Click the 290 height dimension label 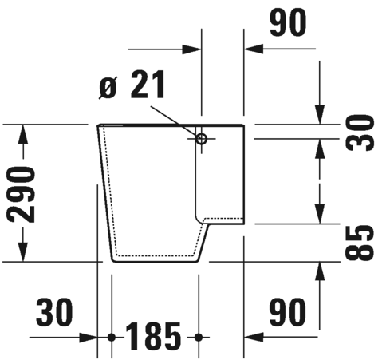[22, 195]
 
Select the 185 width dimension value [153, 336]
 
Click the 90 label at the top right [288, 22]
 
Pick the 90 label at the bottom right [287, 312]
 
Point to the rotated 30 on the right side [360, 133]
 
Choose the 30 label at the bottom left [54, 312]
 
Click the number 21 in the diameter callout [148, 85]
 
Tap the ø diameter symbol [108, 88]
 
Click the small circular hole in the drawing [201, 139]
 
